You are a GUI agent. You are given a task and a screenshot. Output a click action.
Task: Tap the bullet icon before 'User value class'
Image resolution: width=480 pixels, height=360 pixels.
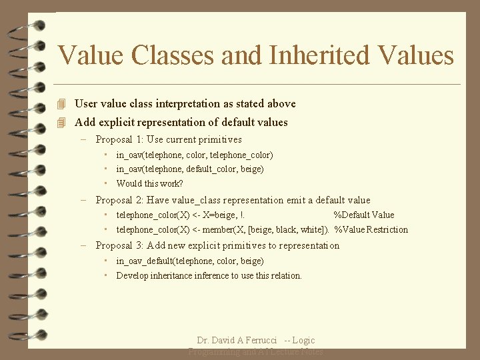pos(62,104)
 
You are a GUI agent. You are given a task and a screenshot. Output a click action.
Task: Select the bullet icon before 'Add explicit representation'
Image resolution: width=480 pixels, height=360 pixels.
pos(62,123)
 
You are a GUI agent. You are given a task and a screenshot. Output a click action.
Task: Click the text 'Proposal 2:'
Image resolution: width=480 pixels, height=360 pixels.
pos(120,200)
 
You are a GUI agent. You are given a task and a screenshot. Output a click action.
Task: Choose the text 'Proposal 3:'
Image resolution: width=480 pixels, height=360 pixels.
pos(120,245)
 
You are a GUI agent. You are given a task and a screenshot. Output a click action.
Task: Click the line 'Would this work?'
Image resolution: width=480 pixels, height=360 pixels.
pos(149,183)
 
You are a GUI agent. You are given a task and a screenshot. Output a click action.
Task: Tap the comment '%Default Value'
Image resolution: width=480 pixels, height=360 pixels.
pos(363,215)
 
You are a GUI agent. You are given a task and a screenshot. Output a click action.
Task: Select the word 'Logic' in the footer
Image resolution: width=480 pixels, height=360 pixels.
pos(303,341)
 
